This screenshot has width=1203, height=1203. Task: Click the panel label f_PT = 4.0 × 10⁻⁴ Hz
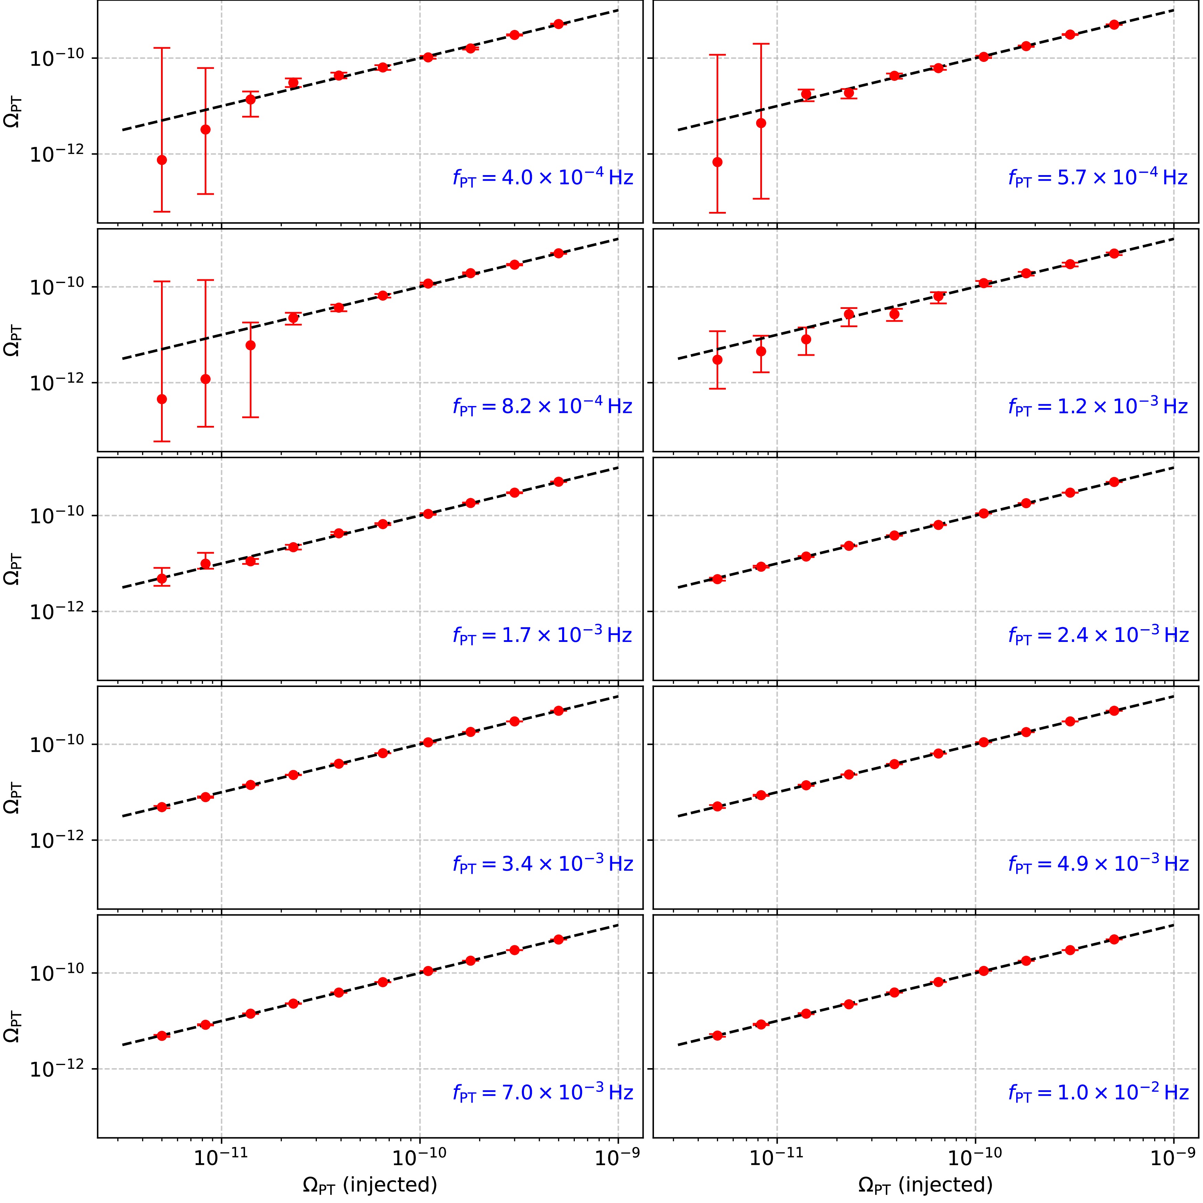pyautogui.click(x=543, y=178)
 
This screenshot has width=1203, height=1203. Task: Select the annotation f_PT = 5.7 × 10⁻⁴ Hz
pyautogui.click(x=1098, y=178)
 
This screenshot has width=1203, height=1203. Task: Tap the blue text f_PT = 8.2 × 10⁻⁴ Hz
pyautogui.click(x=543, y=407)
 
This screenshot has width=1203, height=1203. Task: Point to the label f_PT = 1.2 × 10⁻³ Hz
pyautogui.click(x=1098, y=407)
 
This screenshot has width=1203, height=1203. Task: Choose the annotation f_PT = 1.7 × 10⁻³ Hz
pyautogui.click(x=543, y=635)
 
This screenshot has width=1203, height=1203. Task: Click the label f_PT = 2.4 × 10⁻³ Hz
pyautogui.click(x=1098, y=635)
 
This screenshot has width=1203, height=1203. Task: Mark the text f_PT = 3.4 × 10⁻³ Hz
pyautogui.click(x=543, y=864)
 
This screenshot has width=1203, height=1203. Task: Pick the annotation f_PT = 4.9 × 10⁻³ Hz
pyautogui.click(x=1098, y=864)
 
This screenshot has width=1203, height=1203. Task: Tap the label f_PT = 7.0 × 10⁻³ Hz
pyautogui.click(x=543, y=1092)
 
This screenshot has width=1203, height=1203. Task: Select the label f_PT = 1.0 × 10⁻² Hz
pyautogui.click(x=1098, y=1092)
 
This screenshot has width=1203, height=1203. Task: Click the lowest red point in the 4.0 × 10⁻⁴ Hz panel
pyautogui.click(x=162, y=160)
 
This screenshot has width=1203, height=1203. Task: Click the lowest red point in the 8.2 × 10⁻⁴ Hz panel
pyautogui.click(x=162, y=399)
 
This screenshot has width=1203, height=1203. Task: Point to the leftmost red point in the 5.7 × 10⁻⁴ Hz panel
pyautogui.click(x=717, y=162)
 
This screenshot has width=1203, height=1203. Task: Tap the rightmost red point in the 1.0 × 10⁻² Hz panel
pyautogui.click(x=1114, y=939)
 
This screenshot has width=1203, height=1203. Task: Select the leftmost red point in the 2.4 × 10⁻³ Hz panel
pyautogui.click(x=717, y=579)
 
